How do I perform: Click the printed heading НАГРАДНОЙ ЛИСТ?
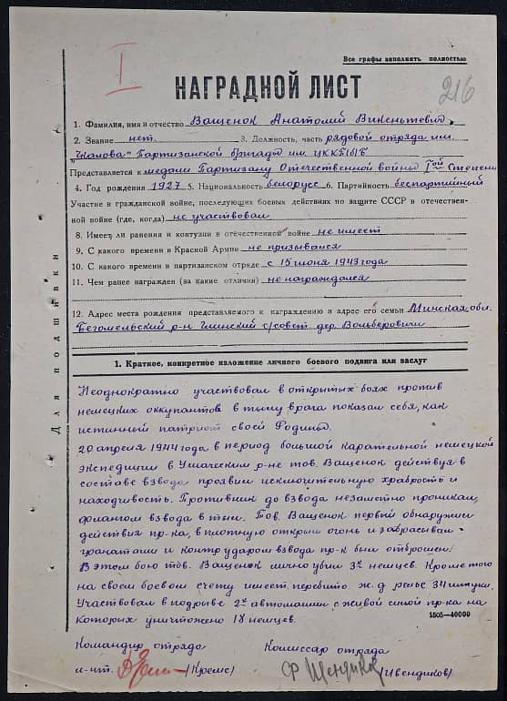pyautogui.click(x=268, y=86)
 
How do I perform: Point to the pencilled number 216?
pyautogui.click(x=456, y=90)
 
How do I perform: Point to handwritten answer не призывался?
pyautogui.click(x=293, y=247)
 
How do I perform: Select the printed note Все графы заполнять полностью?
pyautogui.click(x=404, y=58)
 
